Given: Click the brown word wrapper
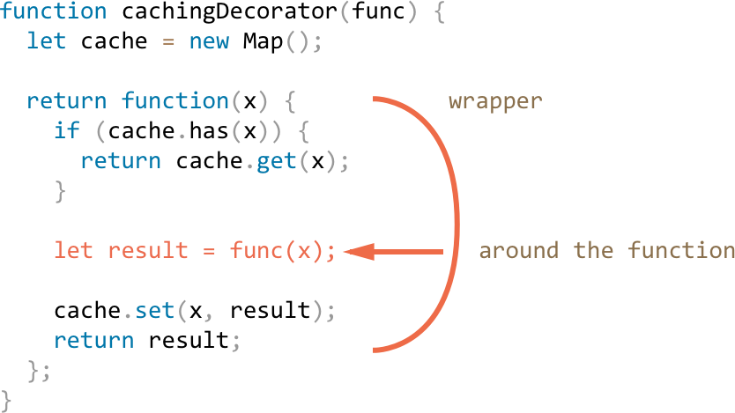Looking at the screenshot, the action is pos(495,100).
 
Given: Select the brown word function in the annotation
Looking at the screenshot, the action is pos(680,251).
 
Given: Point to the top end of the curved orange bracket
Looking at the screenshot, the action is pos(376,99).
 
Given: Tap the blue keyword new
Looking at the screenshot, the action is pos(209,41).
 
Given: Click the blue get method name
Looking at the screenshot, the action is pos(276,162).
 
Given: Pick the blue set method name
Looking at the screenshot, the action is pos(155,311).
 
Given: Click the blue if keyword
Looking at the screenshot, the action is pos(67,131).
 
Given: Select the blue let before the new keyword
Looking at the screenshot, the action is pos(47,41).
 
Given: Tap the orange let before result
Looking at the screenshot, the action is pos(73,251).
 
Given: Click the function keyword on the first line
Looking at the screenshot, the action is pos(53,12).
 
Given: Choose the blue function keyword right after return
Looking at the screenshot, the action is pos(174,101).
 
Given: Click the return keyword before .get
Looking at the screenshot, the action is pos(121,162).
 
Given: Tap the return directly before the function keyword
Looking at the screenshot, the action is pos(67,101).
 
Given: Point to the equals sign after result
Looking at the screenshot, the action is pos(209,252).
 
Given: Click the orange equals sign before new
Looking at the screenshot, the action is pos(168,42).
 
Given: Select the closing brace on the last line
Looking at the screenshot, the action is pos(7,400).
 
